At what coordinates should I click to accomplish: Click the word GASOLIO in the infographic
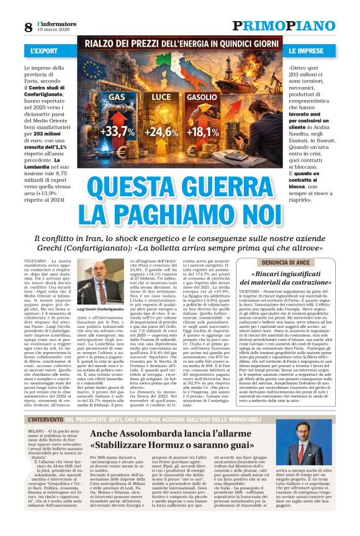202,98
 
